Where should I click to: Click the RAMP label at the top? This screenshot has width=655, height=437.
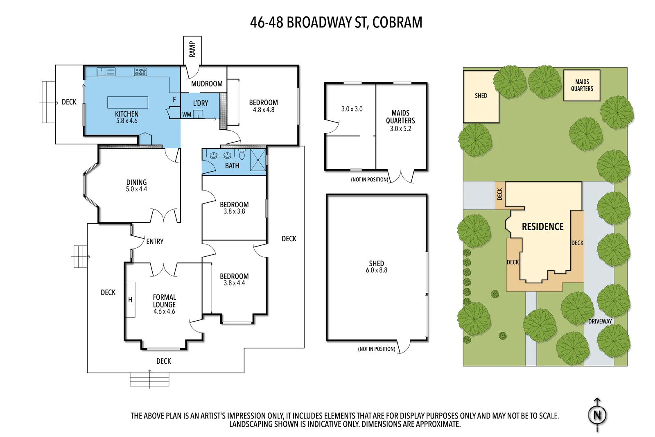tap(192, 49)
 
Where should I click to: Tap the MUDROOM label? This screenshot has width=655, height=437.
tap(207, 84)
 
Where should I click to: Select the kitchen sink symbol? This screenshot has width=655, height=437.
tap(106, 72)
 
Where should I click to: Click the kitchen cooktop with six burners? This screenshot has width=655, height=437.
tap(140, 72)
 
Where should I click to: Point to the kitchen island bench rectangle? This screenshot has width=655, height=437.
tap(128, 102)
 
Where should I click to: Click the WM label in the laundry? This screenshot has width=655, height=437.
tap(187, 115)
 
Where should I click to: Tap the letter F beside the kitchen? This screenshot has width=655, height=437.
tap(174, 100)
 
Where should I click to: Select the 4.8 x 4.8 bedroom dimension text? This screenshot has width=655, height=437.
tap(264, 110)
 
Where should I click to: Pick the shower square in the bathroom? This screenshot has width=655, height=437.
tap(258, 160)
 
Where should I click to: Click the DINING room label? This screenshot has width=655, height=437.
tap(136, 182)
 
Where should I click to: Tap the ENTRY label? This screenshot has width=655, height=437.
tap(155, 242)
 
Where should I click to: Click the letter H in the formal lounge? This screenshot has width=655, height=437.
tap(130, 300)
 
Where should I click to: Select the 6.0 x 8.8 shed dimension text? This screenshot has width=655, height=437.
tap(376, 270)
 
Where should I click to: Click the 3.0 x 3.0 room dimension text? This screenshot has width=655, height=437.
tap(352, 109)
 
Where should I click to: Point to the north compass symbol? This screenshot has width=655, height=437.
tap(597, 415)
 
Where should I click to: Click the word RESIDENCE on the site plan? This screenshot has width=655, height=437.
tap(542, 226)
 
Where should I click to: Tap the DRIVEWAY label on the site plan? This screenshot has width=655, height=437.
tap(600, 322)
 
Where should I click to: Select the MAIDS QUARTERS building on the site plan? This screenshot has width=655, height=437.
tap(582, 85)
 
